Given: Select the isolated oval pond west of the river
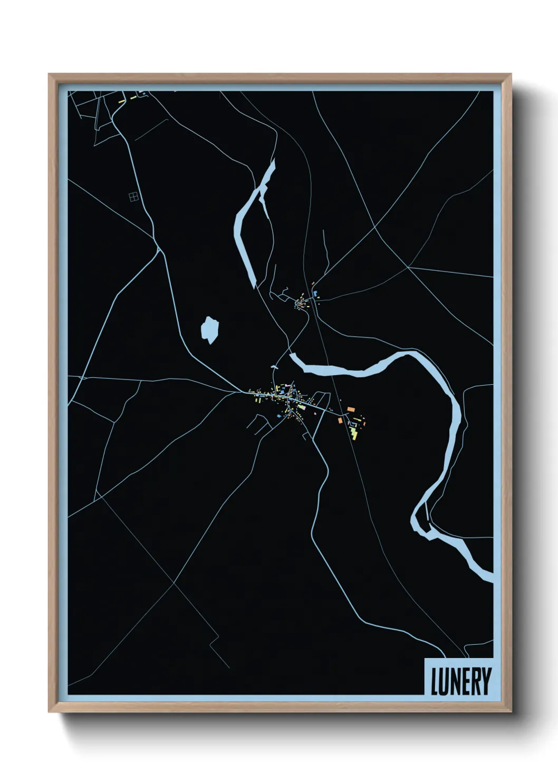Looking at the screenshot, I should [209, 330].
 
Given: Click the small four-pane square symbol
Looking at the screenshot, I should [133, 197].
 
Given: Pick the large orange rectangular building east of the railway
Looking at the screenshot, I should [350, 409].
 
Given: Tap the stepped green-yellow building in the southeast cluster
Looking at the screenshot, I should [354, 433].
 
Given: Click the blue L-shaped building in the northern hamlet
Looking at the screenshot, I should [315, 292].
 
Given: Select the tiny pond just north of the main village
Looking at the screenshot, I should [274, 365].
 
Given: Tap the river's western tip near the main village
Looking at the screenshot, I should [294, 357].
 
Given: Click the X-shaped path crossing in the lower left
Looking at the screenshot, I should [174, 583].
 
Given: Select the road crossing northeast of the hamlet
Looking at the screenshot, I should [374, 228].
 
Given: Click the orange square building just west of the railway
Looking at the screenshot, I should [341, 420].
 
